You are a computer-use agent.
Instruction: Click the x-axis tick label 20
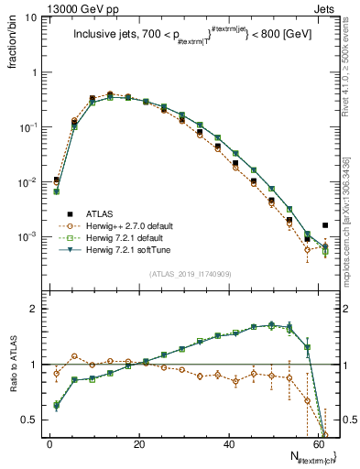138,444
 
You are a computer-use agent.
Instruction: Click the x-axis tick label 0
49,444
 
